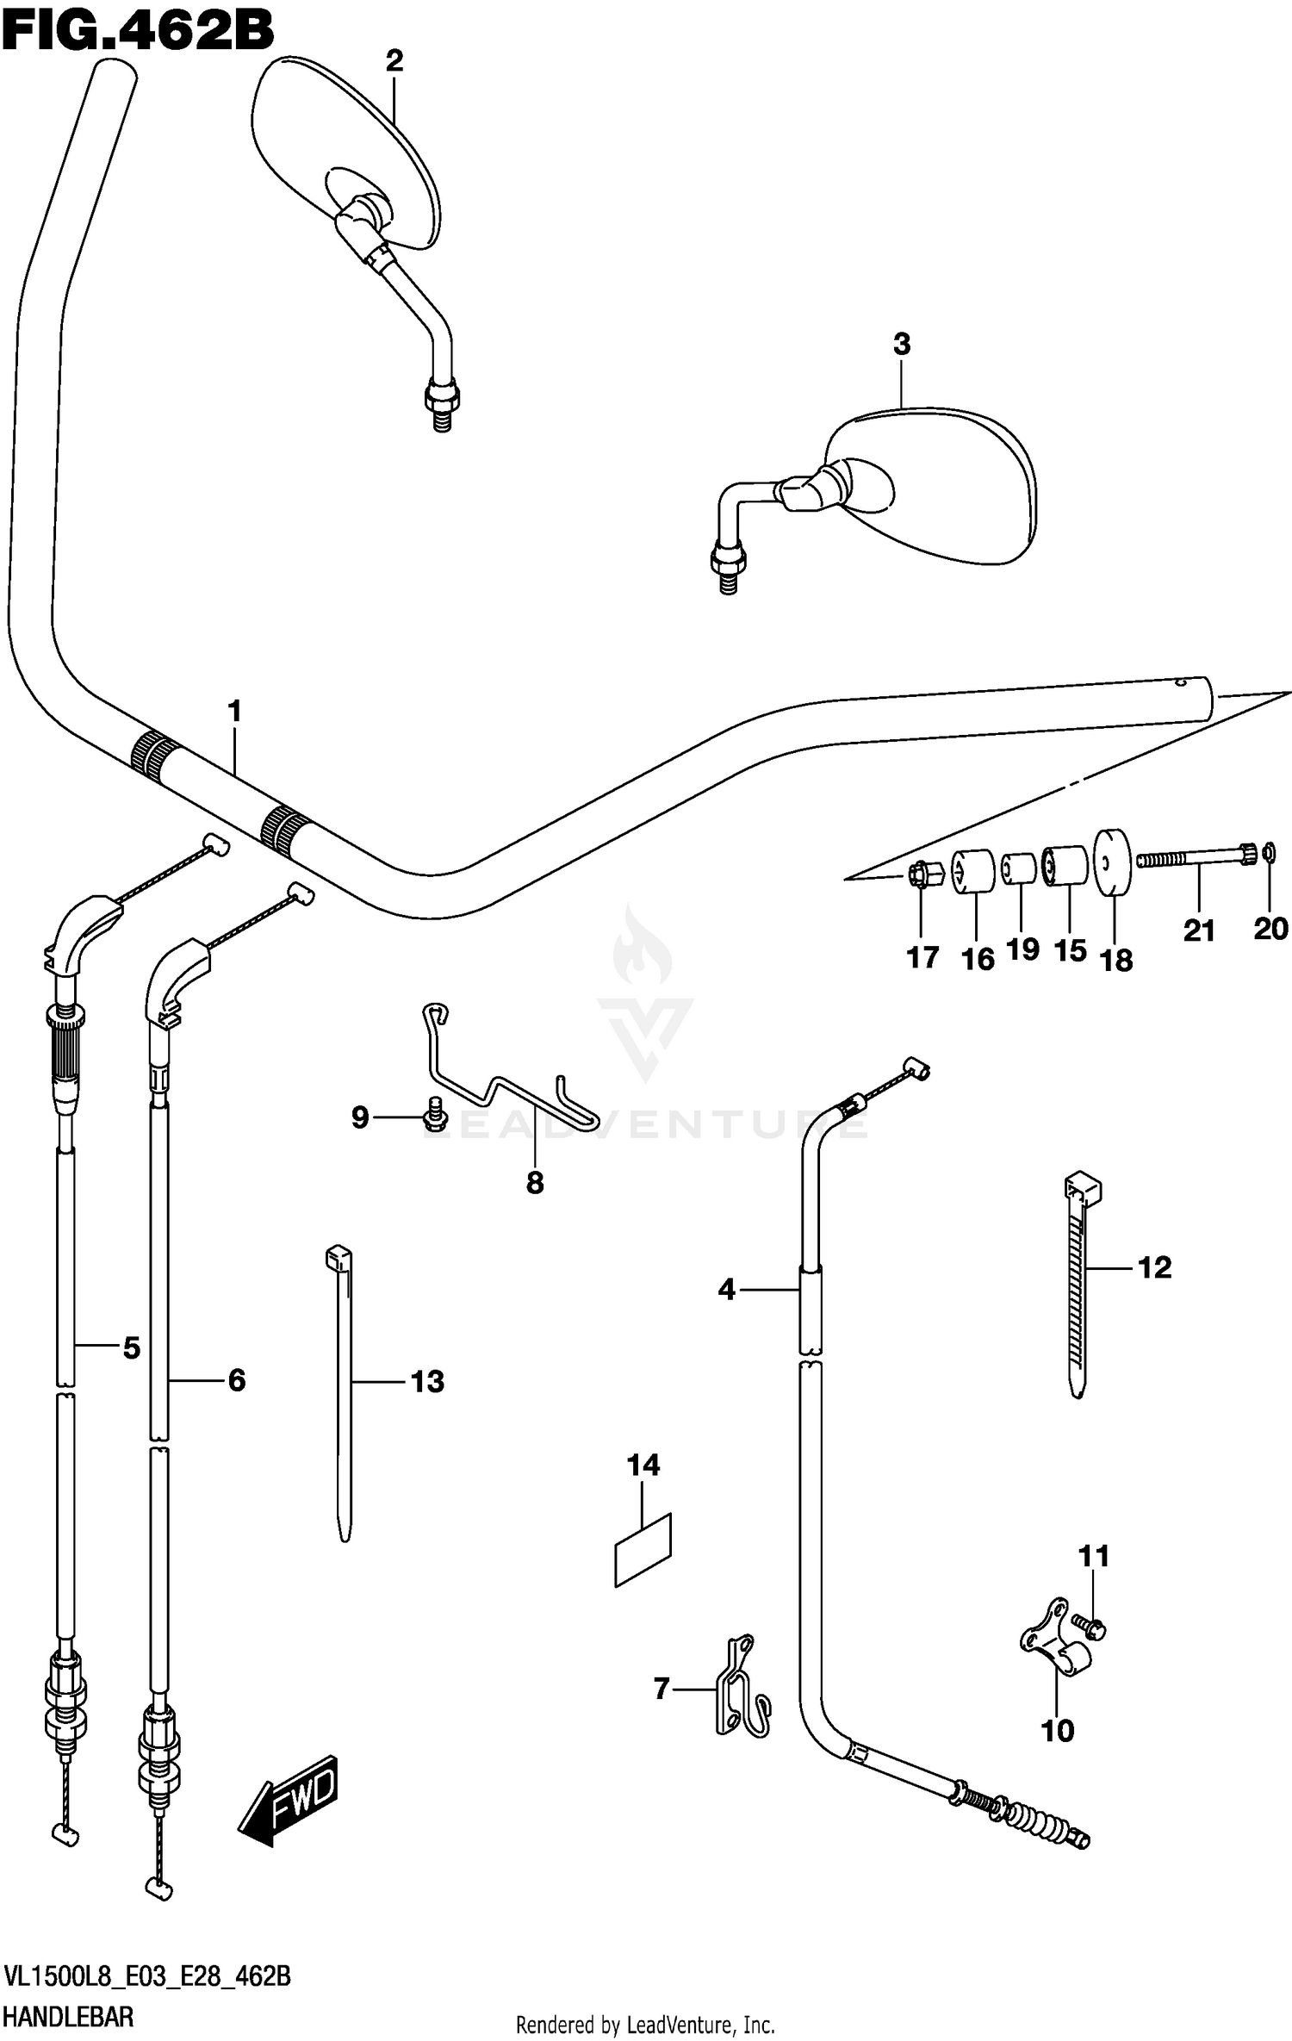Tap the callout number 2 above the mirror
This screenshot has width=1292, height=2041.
point(394,60)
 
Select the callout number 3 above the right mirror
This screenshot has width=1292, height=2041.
point(901,345)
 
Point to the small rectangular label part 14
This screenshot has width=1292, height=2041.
point(643,1550)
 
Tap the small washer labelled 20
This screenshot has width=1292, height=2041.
point(1269,853)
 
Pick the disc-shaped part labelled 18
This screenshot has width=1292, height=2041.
point(1112,862)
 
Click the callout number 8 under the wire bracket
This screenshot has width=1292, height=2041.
point(535,1183)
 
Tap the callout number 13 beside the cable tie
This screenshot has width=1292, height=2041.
point(427,1381)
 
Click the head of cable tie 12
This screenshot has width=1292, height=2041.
point(1084,1189)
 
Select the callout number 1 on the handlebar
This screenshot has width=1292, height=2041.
point(233,712)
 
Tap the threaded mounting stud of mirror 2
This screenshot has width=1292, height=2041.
point(442,416)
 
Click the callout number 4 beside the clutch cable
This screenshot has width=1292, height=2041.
point(726,1290)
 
